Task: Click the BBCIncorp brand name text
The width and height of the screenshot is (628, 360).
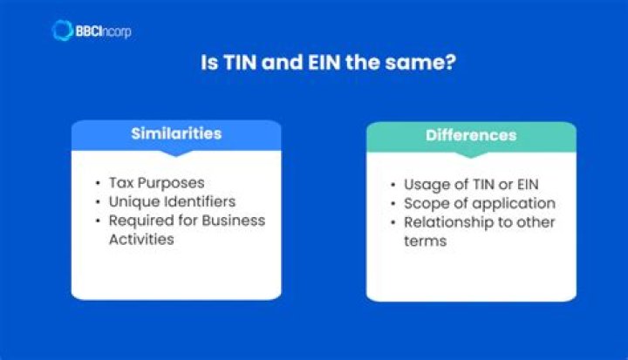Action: pos(105,31)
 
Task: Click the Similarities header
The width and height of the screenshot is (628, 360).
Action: pos(176,134)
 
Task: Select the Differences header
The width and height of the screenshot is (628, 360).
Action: pos(471,135)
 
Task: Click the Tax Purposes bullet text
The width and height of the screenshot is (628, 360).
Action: pos(157,183)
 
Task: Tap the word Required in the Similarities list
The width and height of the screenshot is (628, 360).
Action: pos(140,220)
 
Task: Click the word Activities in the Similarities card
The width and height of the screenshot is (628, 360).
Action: pos(141,238)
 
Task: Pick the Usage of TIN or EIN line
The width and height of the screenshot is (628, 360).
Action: pos(471,185)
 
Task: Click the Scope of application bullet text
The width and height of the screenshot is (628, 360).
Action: pos(479,203)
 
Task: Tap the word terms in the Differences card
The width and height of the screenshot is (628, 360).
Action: pos(425,240)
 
